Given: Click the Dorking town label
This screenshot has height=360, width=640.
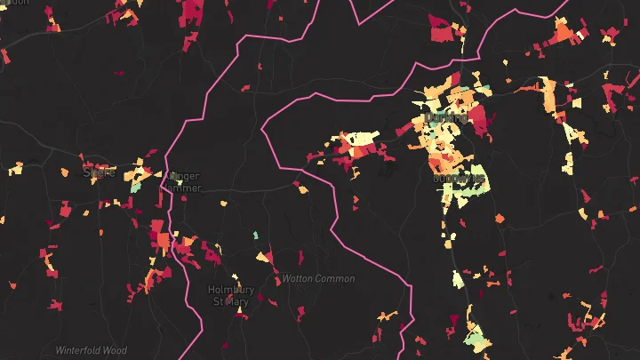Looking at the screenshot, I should (x=446, y=117).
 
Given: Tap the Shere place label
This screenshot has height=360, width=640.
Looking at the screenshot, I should (x=99, y=172).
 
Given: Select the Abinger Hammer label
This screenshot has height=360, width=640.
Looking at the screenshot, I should (x=183, y=182).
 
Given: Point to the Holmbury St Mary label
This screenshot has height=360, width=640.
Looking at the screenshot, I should (x=230, y=295).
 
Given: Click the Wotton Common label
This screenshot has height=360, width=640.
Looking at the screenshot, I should (x=318, y=279).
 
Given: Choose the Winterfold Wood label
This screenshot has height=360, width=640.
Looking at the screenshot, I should (x=92, y=350).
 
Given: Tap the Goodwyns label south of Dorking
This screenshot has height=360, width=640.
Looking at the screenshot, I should (x=459, y=179).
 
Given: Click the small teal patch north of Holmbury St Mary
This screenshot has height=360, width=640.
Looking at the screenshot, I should (x=255, y=236).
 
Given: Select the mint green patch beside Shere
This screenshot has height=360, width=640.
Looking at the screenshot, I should (x=136, y=187).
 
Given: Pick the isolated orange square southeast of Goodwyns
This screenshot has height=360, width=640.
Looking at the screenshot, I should (x=500, y=218).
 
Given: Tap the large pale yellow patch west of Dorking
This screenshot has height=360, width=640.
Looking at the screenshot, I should (x=361, y=138).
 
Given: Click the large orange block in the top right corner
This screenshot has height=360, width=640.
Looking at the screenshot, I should (x=563, y=33).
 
